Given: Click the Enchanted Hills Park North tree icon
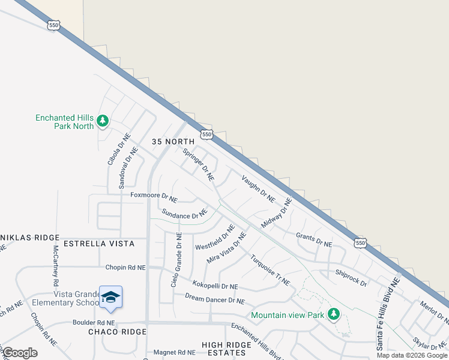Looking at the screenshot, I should pyautogui.click(x=103, y=122).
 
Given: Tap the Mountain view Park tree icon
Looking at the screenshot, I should pyautogui.click(x=333, y=314).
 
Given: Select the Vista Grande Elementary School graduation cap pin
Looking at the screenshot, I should pyautogui.click(x=111, y=297).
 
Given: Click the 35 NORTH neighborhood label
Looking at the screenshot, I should pyautogui.click(x=173, y=142).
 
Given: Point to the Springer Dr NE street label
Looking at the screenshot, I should pyautogui.click(x=199, y=164).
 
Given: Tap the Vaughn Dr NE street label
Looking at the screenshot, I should pyautogui.click(x=258, y=188).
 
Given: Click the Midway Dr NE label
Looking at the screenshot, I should pyautogui.click(x=276, y=213).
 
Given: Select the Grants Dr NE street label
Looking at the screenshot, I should pyautogui.click(x=314, y=240).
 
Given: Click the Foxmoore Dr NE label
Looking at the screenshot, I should pyautogui.click(x=154, y=197).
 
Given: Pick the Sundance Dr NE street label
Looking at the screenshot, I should pyautogui.click(x=184, y=214).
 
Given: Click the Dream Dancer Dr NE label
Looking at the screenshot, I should pyautogui.click(x=214, y=299).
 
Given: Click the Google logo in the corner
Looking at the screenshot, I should pyautogui.click(x=20, y=353).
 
